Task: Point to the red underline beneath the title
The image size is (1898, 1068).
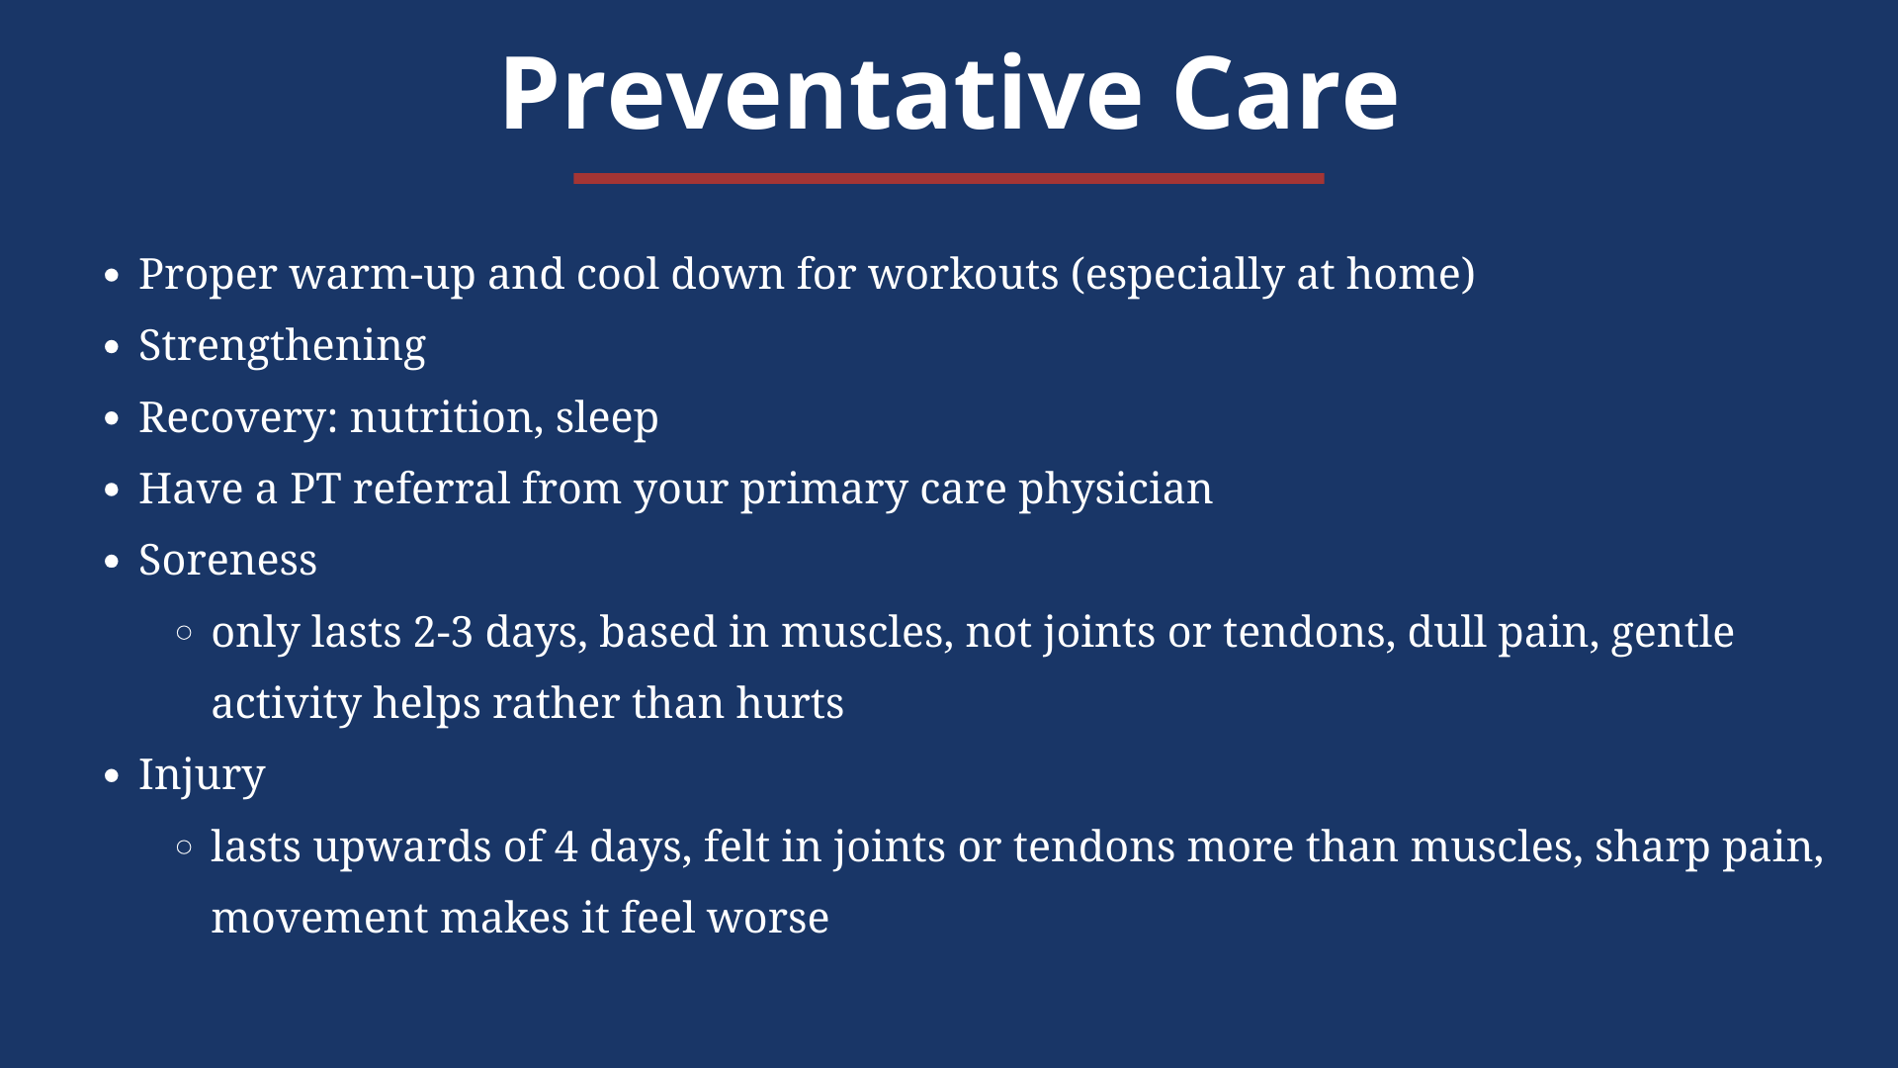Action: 948,178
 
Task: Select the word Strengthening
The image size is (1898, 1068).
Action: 282,346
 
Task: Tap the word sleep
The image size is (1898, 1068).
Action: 607,417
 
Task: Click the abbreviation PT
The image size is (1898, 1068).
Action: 315,489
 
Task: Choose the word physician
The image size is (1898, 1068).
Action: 1115,489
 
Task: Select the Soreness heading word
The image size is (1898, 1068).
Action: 227,560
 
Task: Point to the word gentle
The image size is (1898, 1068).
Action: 1673,633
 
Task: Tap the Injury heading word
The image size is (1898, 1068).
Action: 202,775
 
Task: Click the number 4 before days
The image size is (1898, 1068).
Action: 565,846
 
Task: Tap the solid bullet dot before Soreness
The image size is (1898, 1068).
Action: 112,562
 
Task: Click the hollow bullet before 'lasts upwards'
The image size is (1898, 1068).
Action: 184,846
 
